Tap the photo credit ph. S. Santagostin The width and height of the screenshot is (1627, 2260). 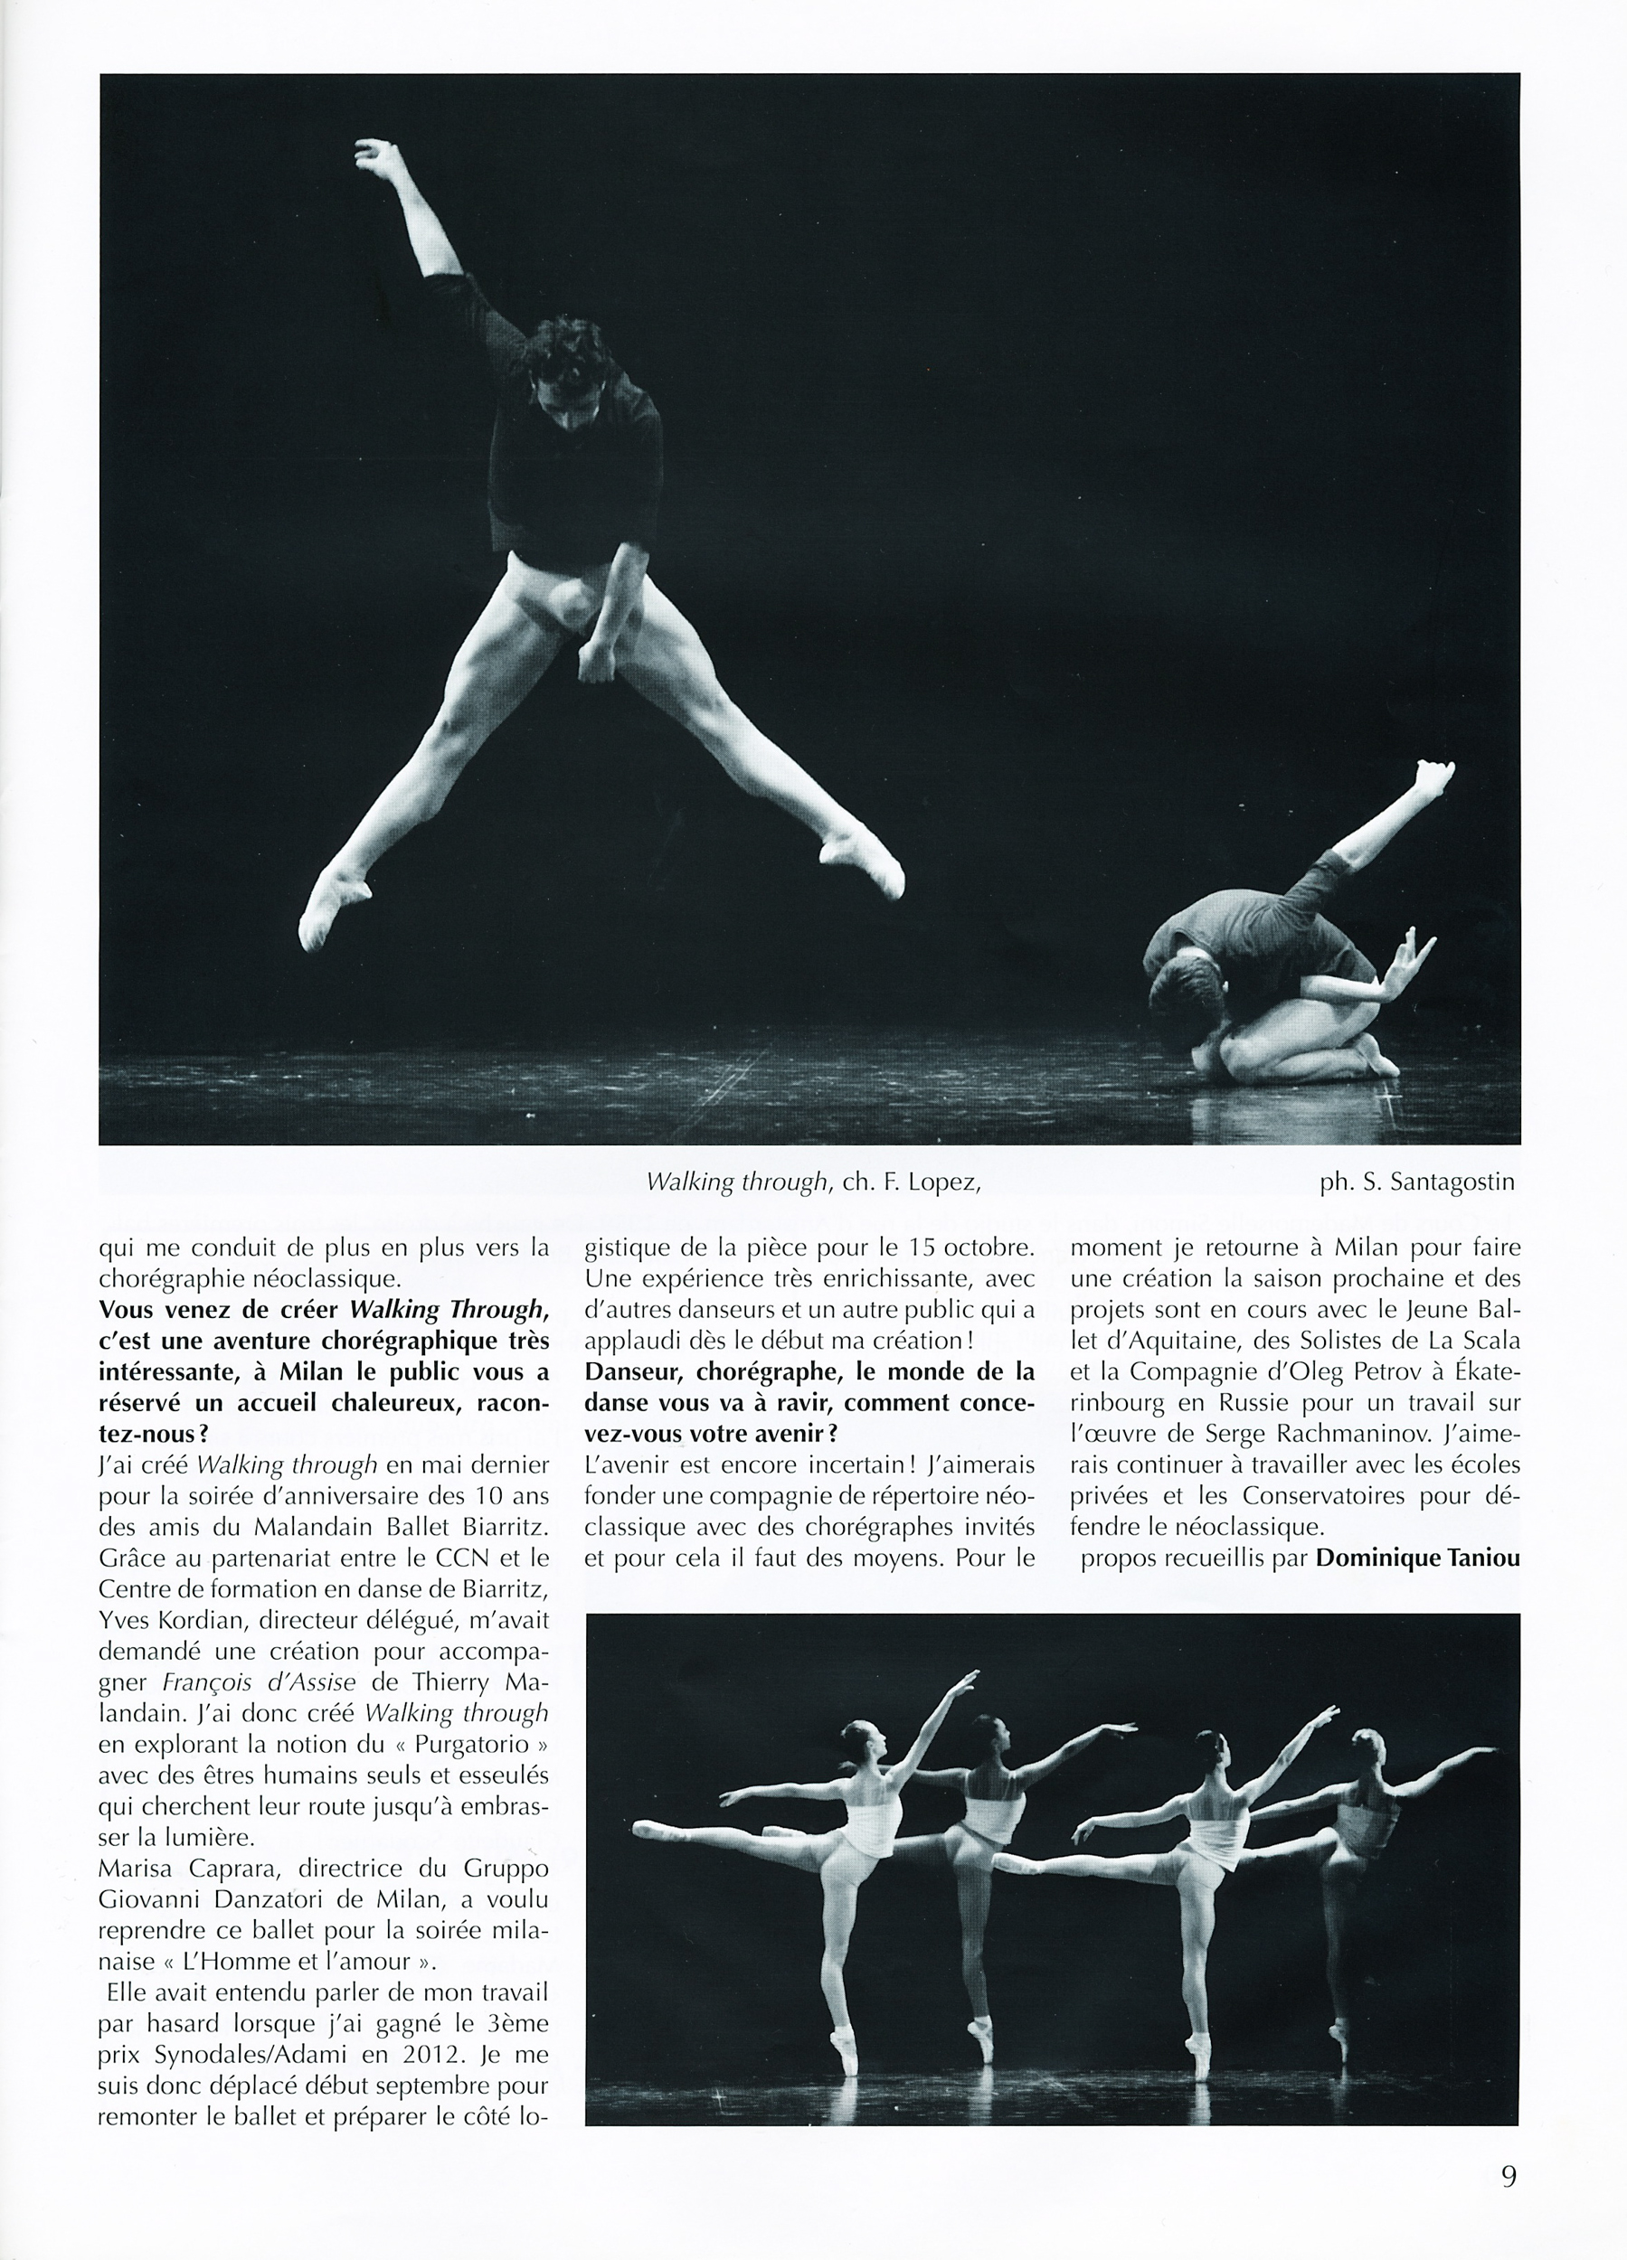pos(1416,1182)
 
